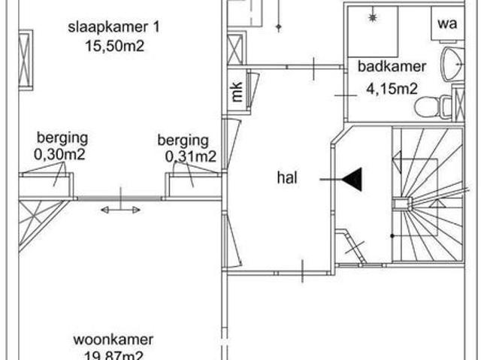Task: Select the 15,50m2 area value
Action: coord(114,46)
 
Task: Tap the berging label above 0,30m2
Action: coord(62,138)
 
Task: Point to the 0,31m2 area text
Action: coord(191,156)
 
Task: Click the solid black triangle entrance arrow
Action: coord(352,179)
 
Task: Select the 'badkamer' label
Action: coord(392,66)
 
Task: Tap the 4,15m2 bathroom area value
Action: coord(392,89)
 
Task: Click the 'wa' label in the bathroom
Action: coord(447,23)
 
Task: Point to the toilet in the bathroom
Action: coord(431,107)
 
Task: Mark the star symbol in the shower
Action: coord(374,15)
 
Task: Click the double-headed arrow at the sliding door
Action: coord(120,210)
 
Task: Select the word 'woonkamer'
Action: coord(113,340)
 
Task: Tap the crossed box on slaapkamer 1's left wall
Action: coord(26,59)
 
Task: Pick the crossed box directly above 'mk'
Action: coord(236,49)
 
